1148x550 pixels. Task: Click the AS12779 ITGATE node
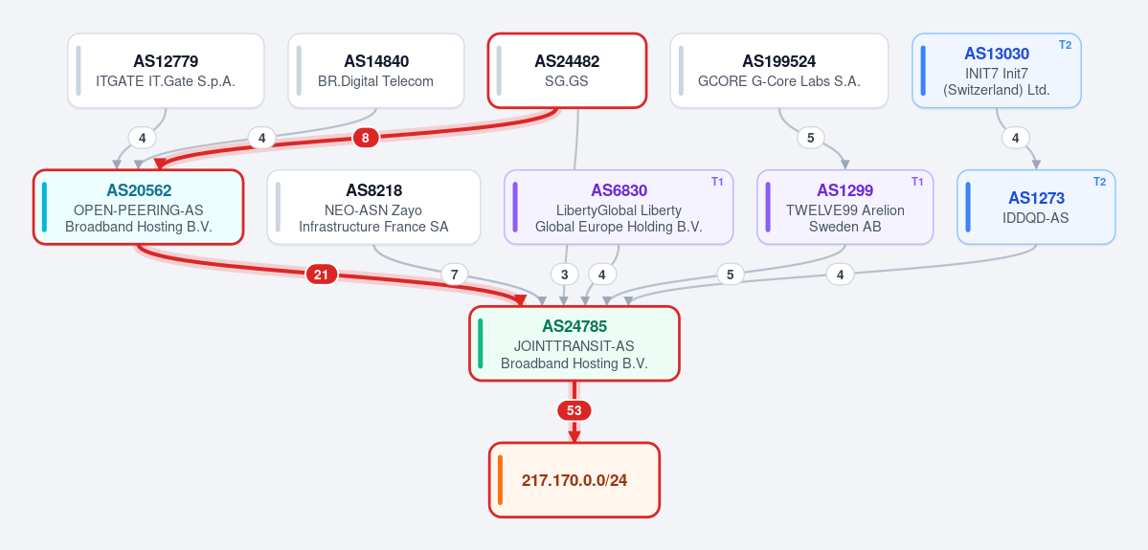point(166,71)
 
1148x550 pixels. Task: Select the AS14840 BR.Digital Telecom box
point(375,71)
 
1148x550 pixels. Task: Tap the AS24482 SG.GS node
point(567,71)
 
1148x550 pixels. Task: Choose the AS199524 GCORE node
point(779,71)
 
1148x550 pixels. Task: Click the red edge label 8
point(366,138)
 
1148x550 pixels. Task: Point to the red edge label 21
point(321,275)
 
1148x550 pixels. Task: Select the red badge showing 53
point(574,411)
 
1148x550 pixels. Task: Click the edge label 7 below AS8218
point(454,275)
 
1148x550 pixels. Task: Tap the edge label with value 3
point(565,275)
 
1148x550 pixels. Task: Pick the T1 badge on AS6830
point(717,182)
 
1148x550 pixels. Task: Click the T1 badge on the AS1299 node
point(916,182)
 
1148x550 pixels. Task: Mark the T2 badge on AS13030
point(1066,45)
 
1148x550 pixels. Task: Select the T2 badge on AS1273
point(1100,182)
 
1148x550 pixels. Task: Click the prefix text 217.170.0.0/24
point(574,480)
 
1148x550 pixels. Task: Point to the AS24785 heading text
point(574,326)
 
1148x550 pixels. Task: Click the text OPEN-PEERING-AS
point(139,209)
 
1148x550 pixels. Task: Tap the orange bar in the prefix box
point(500,480)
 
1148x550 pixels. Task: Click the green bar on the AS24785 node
point(481,343)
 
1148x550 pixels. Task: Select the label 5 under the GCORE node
point(810,138)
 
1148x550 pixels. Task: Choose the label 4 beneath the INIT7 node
point(1016,138)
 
